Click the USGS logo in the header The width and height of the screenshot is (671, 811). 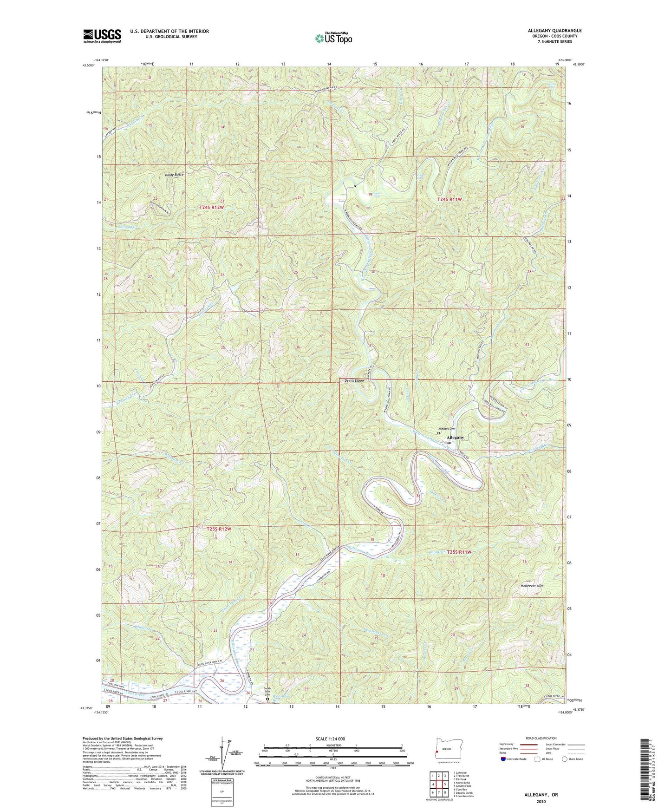[102, 36]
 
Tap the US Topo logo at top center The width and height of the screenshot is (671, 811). [333, 38]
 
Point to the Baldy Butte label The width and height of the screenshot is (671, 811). [174, 175]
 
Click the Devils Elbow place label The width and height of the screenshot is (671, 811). [356, 380]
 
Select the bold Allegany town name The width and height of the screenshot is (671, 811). [455, 438]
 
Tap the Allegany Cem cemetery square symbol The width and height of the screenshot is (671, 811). [439, 432]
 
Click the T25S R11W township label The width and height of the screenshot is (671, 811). [459, 552]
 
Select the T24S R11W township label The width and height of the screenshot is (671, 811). [450, 199]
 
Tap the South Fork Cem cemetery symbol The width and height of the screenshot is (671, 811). [267, 698]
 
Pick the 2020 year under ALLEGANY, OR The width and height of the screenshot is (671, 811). [541, 802]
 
